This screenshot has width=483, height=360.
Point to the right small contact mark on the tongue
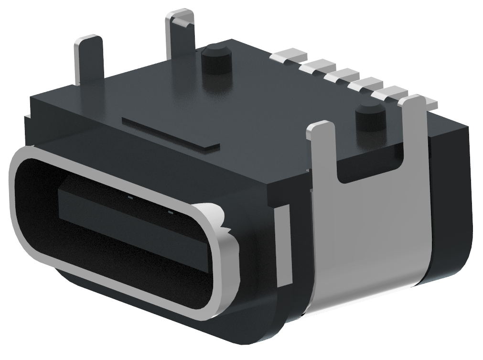tap(170, 210)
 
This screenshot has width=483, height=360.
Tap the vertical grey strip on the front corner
tap(284, 244)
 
